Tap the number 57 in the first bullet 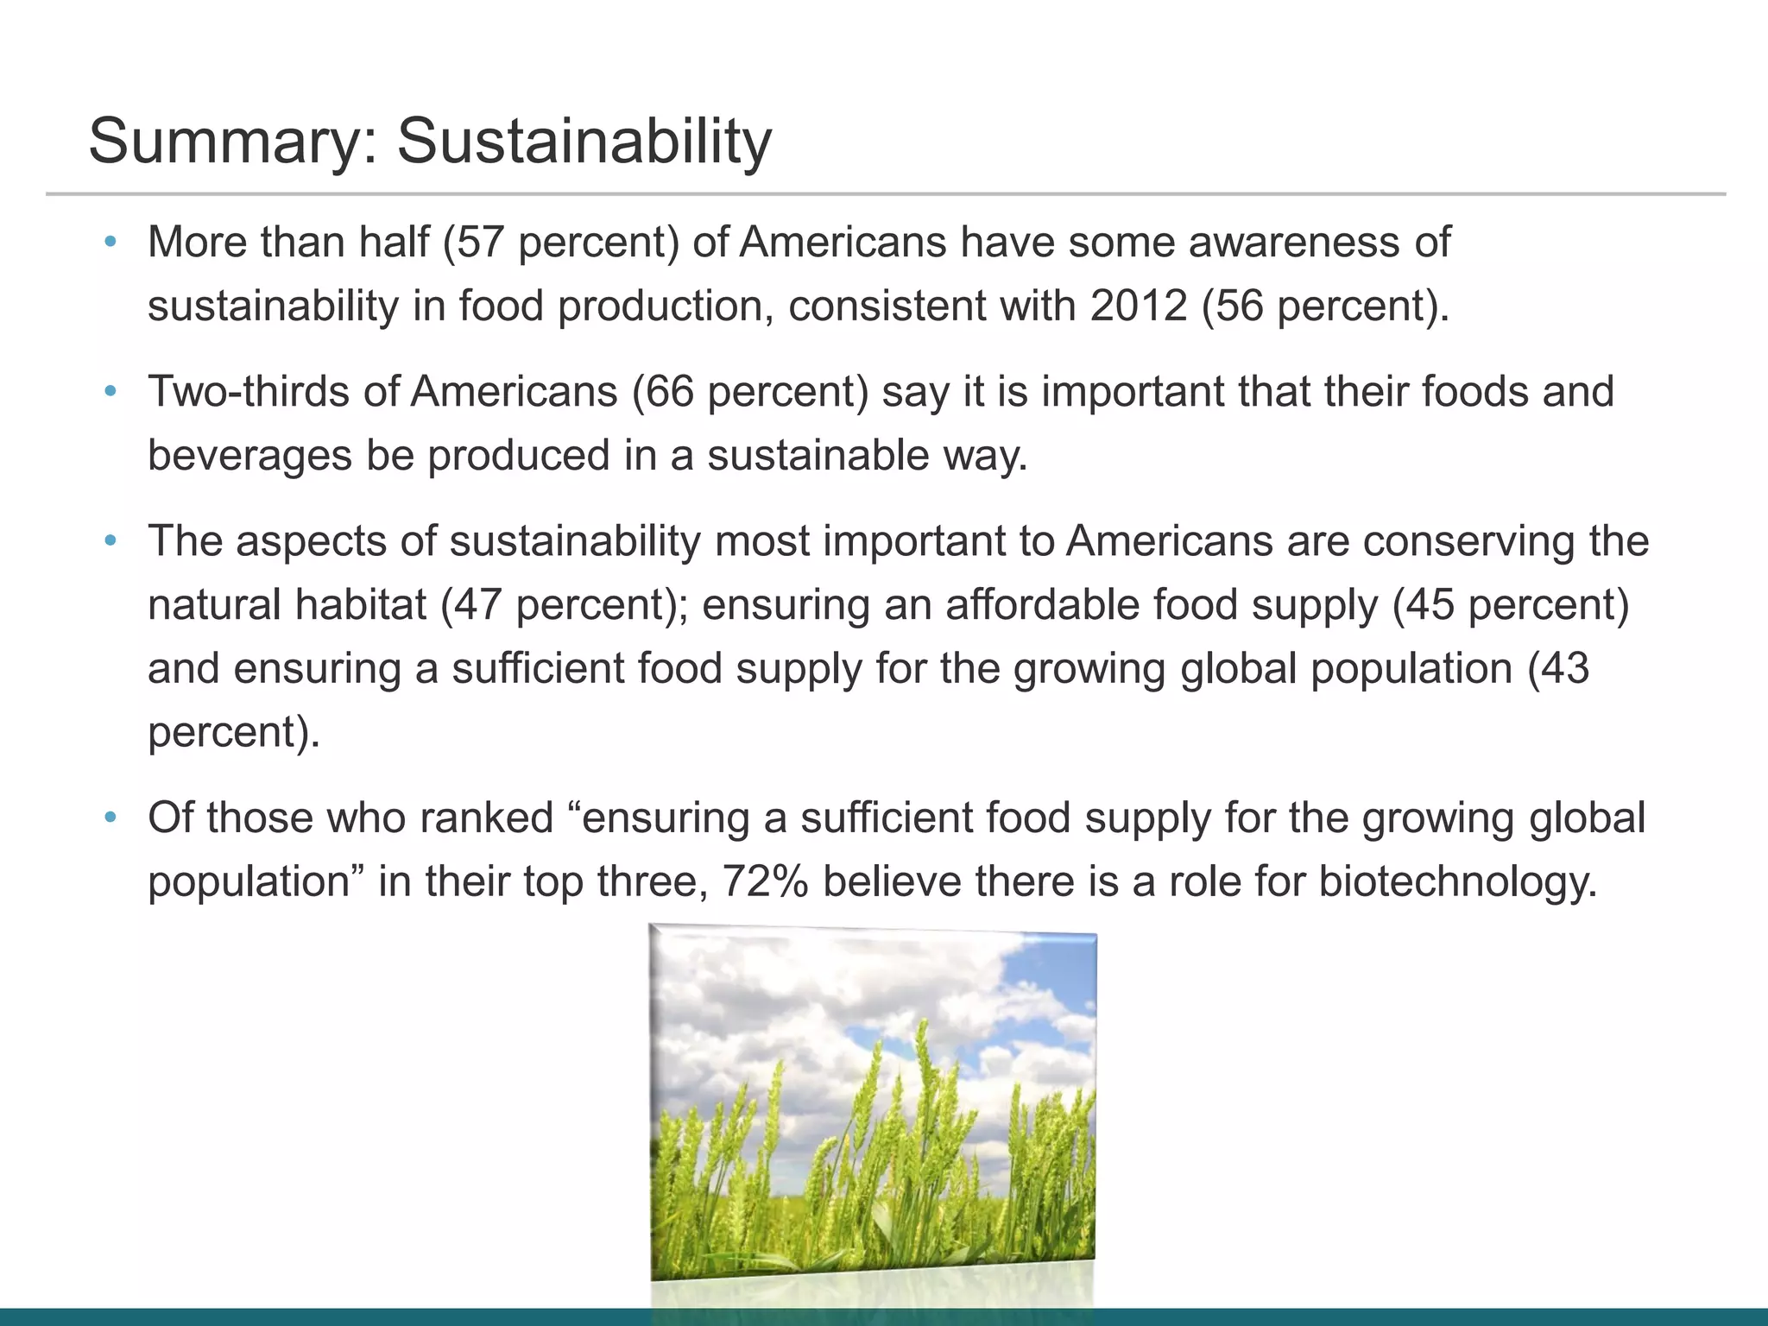tap(481, 242)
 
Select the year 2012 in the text tap(1139, 306)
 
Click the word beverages tap(249, 456)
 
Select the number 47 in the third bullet tap(477, 604)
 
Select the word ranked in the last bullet tap(486, 818)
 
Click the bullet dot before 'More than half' tap(110, 243)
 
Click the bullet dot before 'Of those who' tap(110, 818)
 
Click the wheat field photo tap(872, 1105)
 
